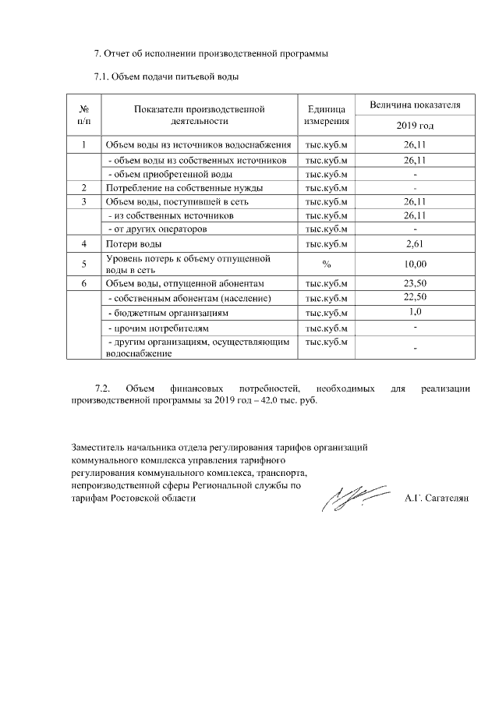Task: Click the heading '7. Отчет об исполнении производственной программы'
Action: click(210, 54)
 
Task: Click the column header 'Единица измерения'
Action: click(327, 115)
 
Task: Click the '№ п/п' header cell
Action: click(84, 115)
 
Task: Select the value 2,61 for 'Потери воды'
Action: click(415, 245)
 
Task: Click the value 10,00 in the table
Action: click(415, 264)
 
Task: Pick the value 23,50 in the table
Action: click(415, 284)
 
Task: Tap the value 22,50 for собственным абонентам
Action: click(415, 298)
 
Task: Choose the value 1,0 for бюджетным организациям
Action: click(415, 312)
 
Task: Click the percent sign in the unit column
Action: click(327, 264)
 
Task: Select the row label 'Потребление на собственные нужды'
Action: click(184, 188)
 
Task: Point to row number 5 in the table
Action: click(84, 264)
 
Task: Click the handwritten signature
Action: click(356, 496)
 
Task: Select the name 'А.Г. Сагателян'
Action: click(436, 498)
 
